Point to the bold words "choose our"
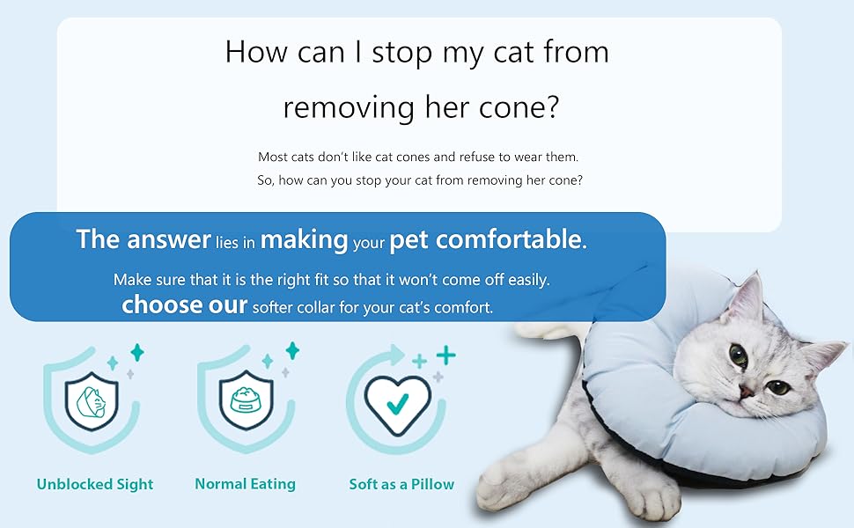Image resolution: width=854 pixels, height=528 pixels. [x=184, y=305]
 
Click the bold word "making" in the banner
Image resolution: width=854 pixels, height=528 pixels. [x=304, y=239]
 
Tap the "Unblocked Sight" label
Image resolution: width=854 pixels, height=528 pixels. [x=95, y=484]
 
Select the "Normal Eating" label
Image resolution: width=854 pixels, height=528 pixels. [x=245, y=484]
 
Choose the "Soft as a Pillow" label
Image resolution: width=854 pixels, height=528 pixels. [x=401, y=484]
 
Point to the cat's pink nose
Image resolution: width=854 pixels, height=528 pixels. [x=745, y=390]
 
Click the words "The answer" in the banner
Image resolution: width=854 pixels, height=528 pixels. [x=143, y=239]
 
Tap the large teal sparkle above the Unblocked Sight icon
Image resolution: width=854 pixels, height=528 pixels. [x=137, y=353]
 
